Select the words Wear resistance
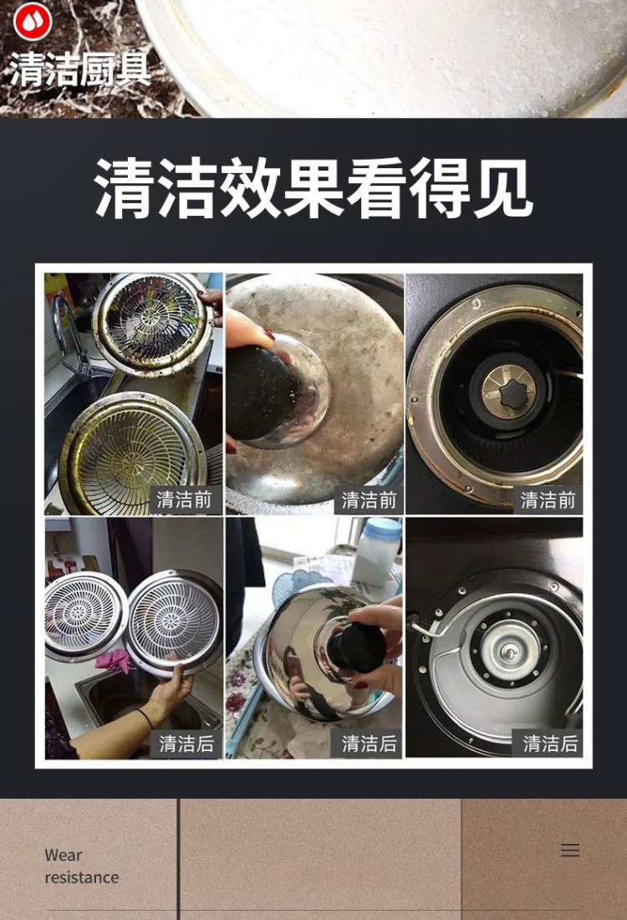coord(81,866)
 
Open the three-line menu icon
coord(570,850)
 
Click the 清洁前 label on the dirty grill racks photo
coord(185,500)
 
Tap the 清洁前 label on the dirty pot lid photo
coord(369,500)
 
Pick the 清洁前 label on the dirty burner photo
coord(548,500)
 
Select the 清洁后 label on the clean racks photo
coord(186,743)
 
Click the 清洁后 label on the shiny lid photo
coord(369,743)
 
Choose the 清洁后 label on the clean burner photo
coord(550,743)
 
